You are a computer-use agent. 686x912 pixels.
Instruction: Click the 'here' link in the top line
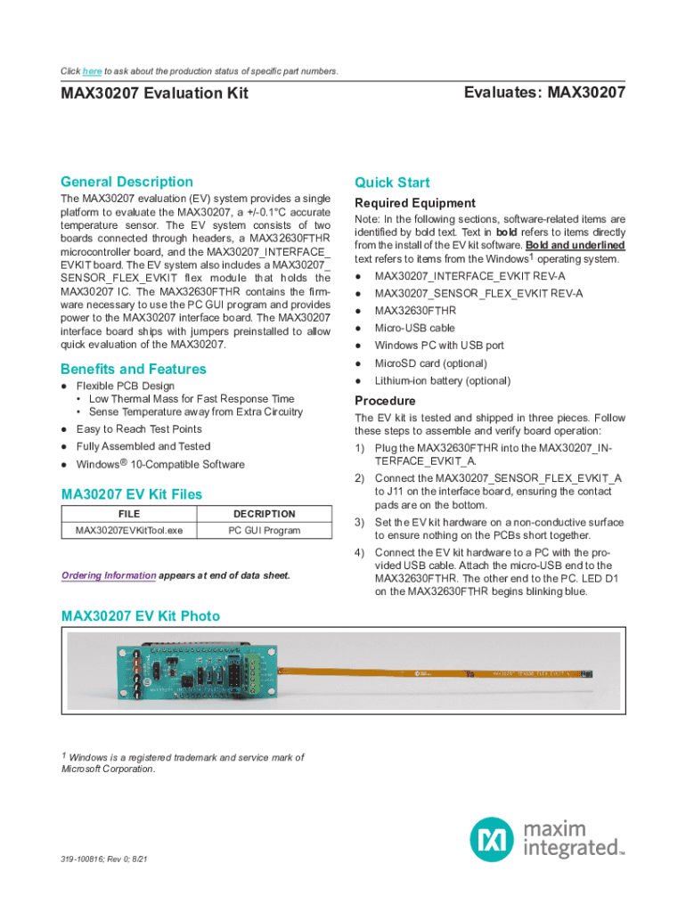92,71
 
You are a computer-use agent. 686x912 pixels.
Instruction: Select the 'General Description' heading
127,182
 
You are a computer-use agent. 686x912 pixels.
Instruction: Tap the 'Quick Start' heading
392,183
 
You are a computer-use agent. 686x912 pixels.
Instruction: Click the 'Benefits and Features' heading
133,369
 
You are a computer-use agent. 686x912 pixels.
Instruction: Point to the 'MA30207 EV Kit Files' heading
131,494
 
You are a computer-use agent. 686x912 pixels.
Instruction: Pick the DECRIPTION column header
264,514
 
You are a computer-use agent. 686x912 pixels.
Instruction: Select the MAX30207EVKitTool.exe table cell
129,531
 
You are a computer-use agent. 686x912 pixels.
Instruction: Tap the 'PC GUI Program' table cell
264,531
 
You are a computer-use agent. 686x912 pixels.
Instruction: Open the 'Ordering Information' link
109,575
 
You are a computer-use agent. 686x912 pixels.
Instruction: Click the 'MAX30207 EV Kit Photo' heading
140,616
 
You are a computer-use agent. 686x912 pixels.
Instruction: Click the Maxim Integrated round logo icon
492,840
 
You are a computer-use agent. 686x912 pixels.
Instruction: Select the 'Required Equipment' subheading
415,203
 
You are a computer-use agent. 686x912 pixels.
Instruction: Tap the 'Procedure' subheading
385,401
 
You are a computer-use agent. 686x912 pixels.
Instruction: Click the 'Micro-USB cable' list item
414,328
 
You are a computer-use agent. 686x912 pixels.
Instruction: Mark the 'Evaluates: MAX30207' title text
544,93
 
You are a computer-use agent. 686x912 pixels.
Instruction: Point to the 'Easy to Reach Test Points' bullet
139,429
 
